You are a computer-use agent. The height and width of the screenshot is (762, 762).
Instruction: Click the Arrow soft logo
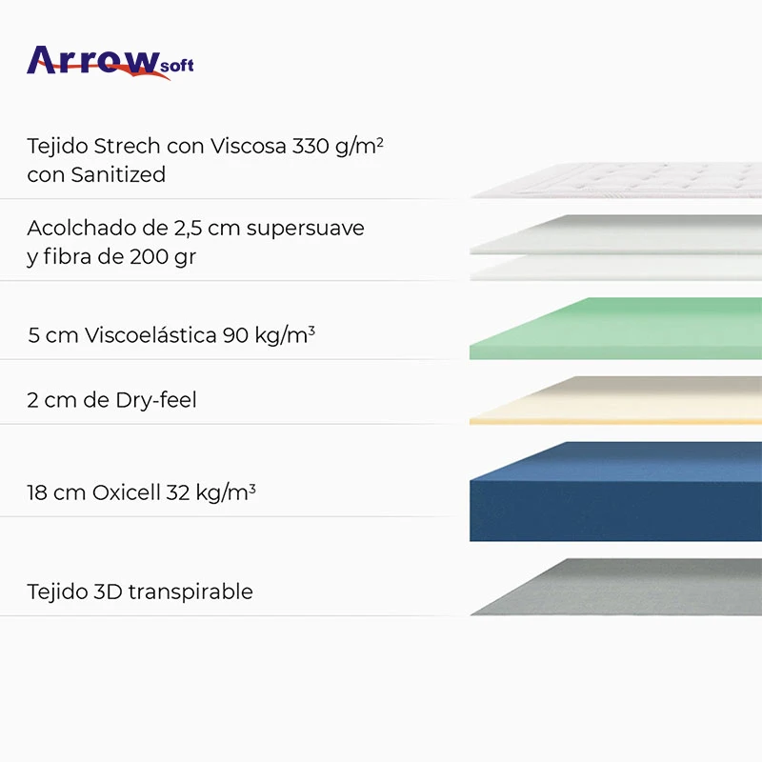(x=110, y=62)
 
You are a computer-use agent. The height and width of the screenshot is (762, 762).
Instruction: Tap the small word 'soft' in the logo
(x=175, y=66)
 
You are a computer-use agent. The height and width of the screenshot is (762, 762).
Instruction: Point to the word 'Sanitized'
(x=118, y=174)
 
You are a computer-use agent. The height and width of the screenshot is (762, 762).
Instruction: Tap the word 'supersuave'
(x=306, y=230)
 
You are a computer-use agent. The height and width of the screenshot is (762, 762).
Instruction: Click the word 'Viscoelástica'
(x=150, y=335)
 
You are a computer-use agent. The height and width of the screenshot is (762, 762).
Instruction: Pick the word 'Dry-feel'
(x=156, y=400)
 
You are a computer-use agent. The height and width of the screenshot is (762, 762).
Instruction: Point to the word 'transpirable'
(x=190, y=592)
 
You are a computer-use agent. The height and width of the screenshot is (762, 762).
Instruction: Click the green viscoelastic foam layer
(x=619, y=329)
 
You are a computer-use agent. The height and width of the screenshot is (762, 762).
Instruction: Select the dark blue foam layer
(x=619, y=491)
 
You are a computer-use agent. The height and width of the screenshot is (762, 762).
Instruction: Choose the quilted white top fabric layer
(x=619, y=181)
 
